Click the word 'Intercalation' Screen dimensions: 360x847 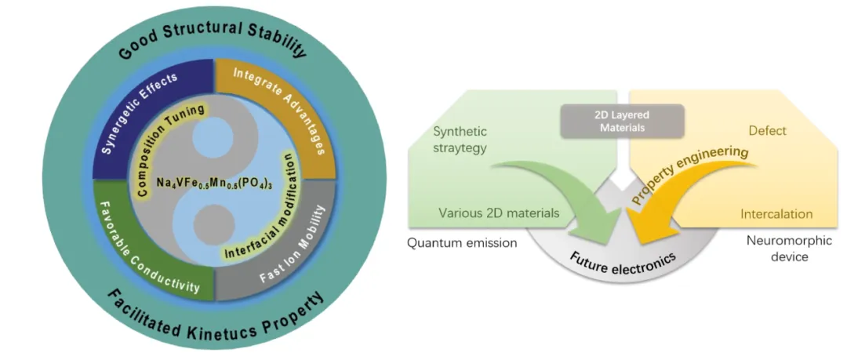tap(776, 213)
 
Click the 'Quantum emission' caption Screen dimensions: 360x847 tap(462, 242)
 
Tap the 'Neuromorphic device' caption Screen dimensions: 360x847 tap(776, 249)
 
